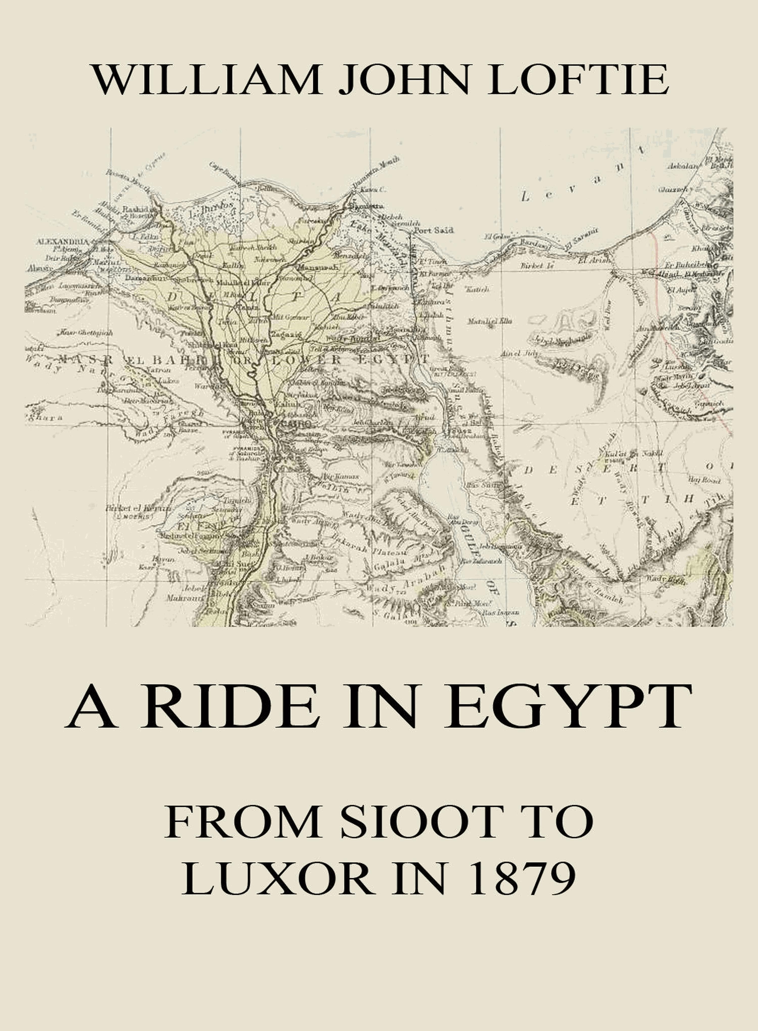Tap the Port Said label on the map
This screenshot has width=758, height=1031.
click(433, 231)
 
